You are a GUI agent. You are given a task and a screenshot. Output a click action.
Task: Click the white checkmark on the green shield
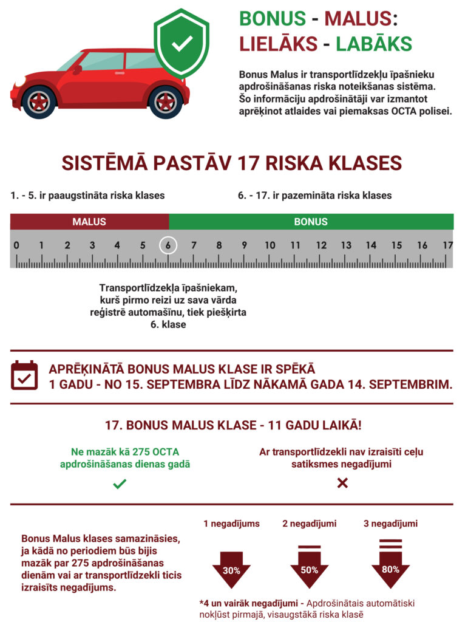(x=181, y=43)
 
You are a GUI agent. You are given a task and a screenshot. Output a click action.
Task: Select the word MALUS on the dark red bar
(x=89, y=222)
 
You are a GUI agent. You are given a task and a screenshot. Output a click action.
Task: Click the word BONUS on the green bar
(x=311, y=222)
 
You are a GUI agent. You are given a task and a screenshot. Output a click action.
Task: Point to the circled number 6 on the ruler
(x=168, y=245)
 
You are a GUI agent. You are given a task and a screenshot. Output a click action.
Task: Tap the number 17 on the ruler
(x=447, y=245)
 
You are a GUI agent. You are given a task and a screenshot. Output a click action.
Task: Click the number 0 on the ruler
(x=16, y=245)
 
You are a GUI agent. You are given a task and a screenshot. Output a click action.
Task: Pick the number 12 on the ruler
(x=320, y=245)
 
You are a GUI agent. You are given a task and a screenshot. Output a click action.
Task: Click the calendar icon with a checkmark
(x=25, y=376)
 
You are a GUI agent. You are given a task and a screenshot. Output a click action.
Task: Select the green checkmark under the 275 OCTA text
(x=120, y=484)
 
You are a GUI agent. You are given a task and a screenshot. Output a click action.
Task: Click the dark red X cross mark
(x=342, y=483)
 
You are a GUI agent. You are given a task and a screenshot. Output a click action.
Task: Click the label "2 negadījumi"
(x=310, y=524)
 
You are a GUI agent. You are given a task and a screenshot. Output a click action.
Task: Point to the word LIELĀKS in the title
(x=279, y=44)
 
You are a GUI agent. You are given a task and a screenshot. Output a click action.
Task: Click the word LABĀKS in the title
(x=374, y=44)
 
